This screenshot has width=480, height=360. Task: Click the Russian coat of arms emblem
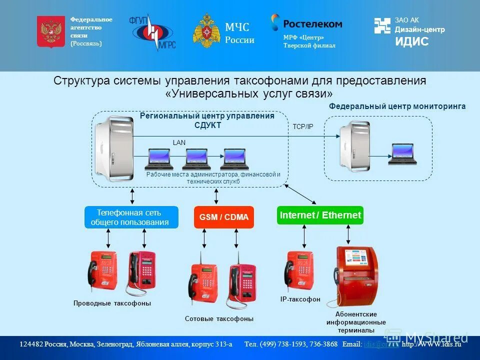(x=51, y=31)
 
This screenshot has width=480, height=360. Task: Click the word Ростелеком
(x=312, y=23)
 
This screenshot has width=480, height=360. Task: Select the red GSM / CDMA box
(x=223, y=217)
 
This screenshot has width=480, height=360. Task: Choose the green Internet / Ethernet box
(x=320, y=215)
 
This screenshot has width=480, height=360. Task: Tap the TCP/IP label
(x=302, y=127)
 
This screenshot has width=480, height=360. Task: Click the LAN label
(x=179, y=142)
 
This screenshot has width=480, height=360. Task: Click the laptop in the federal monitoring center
(x=403, y=154)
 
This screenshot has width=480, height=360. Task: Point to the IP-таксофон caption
(x=300, y=299)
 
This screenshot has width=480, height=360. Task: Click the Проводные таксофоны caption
(x=112, y=303)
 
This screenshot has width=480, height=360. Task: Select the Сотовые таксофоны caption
(x=219, y=318)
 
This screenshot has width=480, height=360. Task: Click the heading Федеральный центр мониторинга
(x=397, y=106)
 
